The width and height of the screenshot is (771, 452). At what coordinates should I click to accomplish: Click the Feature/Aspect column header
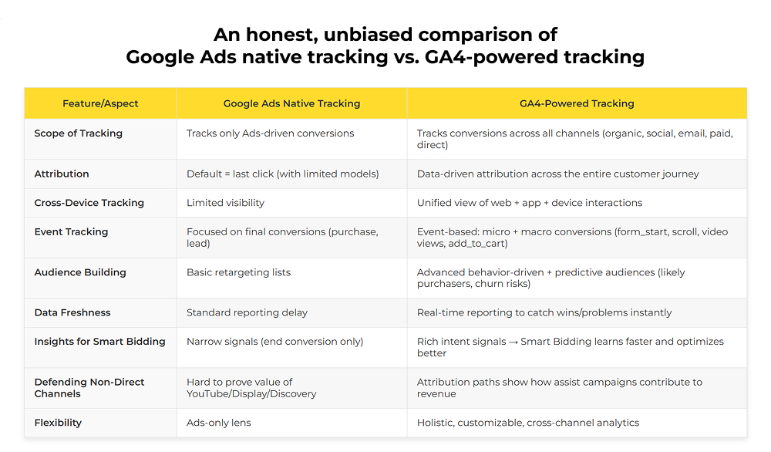pos(99,103)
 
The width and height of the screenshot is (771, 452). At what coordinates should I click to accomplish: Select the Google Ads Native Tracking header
pos(291,103)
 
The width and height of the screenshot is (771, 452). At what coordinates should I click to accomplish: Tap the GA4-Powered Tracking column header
pos(577,103)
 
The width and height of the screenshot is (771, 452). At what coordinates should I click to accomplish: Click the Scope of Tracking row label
pos(78,133)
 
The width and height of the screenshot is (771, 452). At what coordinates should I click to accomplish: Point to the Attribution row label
pos(62,174)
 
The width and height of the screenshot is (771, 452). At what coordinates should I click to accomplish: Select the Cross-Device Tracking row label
pos(89,203)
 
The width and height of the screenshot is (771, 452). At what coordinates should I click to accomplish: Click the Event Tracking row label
pos(71,231)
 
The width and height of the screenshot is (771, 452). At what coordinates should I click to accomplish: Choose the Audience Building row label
pos(79,272)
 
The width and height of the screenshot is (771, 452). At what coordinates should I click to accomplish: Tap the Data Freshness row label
pos(72,312)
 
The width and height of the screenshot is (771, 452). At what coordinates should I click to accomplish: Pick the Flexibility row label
pos(58,423)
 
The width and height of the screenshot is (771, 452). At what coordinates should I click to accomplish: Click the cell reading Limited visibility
pos(225,203)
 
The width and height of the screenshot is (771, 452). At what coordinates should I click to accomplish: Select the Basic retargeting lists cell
pos(238,272)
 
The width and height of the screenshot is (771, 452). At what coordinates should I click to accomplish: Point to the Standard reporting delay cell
pos(247,312)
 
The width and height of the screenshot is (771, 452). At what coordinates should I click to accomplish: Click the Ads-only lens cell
pos(218,423)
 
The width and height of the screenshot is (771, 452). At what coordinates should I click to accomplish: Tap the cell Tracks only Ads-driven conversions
pos(270,133)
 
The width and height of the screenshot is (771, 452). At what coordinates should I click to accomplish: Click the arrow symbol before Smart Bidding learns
pos(513,342)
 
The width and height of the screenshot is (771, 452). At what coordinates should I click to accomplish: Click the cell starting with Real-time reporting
pos(544,312)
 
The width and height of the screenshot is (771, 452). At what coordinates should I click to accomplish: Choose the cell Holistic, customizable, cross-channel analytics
pos(528,423)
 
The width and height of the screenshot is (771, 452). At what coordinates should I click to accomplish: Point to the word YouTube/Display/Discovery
pos(251,393)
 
